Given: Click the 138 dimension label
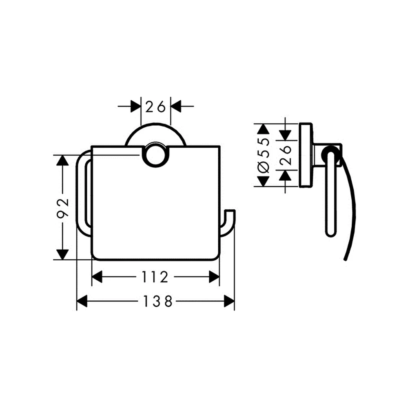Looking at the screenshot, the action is pyautogui.click(x=157, y=302).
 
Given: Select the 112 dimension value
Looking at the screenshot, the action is pyautogui.click(x=155, y=277).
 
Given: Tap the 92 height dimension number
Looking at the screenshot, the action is pyautogui.click(x=63, y=207).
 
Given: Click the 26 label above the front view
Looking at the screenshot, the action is pyautogui.click(x=155, y=106).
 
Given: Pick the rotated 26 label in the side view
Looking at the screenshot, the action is pyautogui.click(x=286, y=155).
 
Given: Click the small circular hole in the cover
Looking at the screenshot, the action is pyautogui.click(x=155, y=155).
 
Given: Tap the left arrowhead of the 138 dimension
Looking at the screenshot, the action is pyautogui.click(x=82, y=302).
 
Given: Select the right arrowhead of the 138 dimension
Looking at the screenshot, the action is pyautogui.click(x=229, y=302).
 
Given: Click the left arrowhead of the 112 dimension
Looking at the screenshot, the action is pyautogui.click(x=97, y=277).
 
